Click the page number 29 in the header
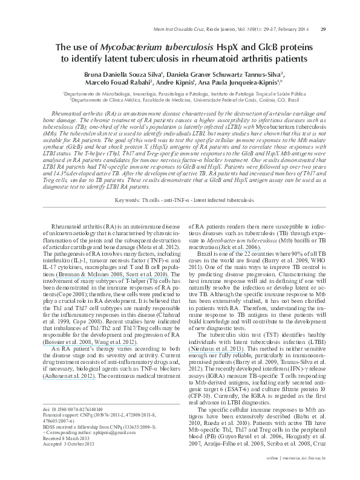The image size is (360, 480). [323, 29]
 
